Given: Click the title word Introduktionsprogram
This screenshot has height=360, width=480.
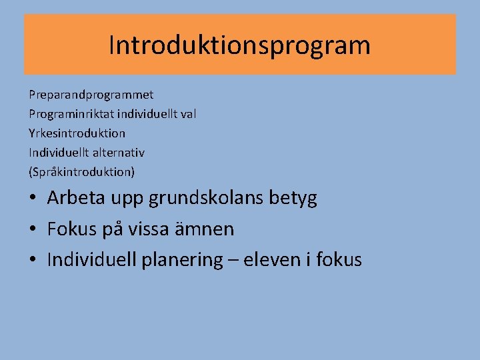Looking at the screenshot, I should tap(239, 45).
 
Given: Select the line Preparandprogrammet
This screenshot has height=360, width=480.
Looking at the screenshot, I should tap(91, 95).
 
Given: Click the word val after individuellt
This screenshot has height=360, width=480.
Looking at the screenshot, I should tap(188, 114).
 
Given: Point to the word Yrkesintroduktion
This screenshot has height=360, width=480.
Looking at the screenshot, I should tap(77, 133).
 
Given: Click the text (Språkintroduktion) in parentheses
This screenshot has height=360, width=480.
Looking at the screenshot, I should tap(81, 172).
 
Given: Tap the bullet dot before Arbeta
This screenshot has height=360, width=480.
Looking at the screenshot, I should tap(33, 198).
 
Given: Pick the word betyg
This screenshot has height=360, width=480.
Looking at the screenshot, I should tap(294, 198).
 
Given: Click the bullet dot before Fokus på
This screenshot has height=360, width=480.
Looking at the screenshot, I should tap(33, 229).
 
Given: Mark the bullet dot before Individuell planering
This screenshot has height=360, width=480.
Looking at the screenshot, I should tap(33, 260).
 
